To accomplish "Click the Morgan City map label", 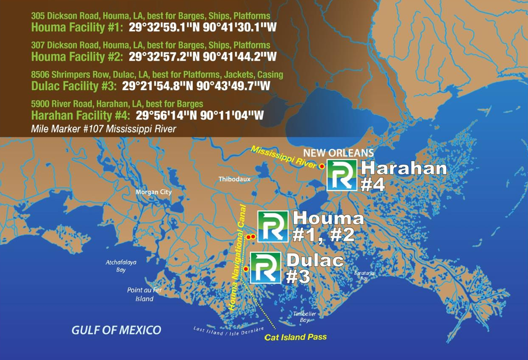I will [x=153, y=192].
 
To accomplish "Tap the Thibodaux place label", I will [x=234, y=180].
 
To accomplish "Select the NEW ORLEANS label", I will [x=339, y=154].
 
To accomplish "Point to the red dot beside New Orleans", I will [x=322, y=166].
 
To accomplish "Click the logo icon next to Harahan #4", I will [x=342, y=175].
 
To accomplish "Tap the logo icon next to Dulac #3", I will [x=266, y=268].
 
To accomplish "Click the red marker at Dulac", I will [x=246, y=269].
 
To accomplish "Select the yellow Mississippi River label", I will [x=284, y=158].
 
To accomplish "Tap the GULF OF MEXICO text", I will [x=116, y=330].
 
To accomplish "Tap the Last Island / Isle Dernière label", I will [x=229, y=330].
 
